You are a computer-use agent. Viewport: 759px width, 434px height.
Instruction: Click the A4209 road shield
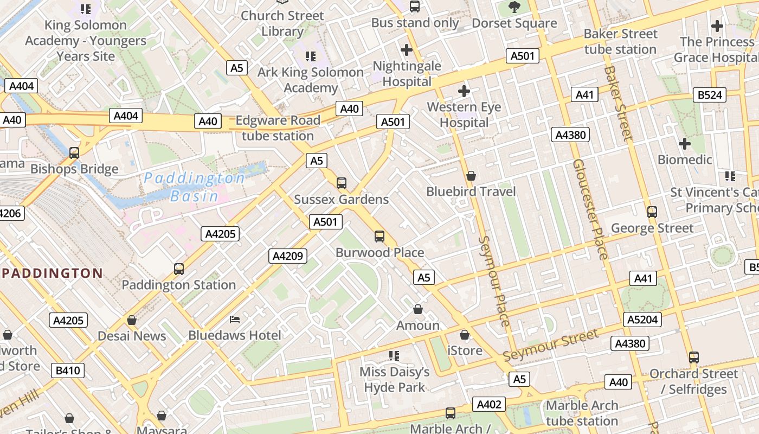pyautogui.click(x=288, y=256)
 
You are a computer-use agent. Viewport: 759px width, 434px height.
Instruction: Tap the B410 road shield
pyautogui.click(x=68, y=371)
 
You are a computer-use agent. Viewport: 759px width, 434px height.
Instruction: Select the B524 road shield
pyautogui.click(x=710, y=95)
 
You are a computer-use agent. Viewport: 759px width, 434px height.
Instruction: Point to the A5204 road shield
pyautogui.click(x=642, y=320)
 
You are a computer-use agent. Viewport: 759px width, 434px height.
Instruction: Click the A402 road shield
pyautogui.click(x=489, y=404)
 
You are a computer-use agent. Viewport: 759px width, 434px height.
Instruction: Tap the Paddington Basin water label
pyautogui.click(x=194, y=187)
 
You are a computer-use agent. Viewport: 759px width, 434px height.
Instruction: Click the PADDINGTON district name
pyautogui.click(x=52, y=273)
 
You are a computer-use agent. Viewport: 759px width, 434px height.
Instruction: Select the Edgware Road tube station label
pyautogui.click(x=278, y=128)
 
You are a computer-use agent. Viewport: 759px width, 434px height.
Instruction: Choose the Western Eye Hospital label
pyautogui.click(x=464, y=115)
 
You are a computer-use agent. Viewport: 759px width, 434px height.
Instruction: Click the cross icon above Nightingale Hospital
pyautogui.click(x=407, y=50)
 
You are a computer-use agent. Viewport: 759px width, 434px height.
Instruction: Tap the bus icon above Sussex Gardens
pyautogui.click(x=342, y=183)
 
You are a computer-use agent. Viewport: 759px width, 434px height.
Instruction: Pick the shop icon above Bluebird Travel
pyautogui.click(x=471, y=176)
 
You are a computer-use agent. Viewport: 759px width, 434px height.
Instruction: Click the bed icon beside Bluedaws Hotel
pyautogui.click(x=235, y=319)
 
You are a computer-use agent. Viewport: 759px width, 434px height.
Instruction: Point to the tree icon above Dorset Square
pyautogui.click(x=514, y=7)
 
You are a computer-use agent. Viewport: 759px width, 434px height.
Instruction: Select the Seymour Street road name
pyautogui.click(x=550, y=346)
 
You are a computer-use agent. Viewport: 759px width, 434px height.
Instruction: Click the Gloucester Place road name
pyautogui.click(x=590, y=209)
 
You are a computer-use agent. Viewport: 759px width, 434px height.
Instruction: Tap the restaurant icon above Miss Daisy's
pyautogui.click(x=394, y=356)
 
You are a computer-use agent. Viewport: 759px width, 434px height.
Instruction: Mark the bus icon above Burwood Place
pyautogui.click(x=379, y=237)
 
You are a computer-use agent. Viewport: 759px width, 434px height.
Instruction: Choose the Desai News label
pyautogui.click(x=132, y=336)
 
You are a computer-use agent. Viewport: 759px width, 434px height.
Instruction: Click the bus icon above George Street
pyautogui.click(x=652, y=212)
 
